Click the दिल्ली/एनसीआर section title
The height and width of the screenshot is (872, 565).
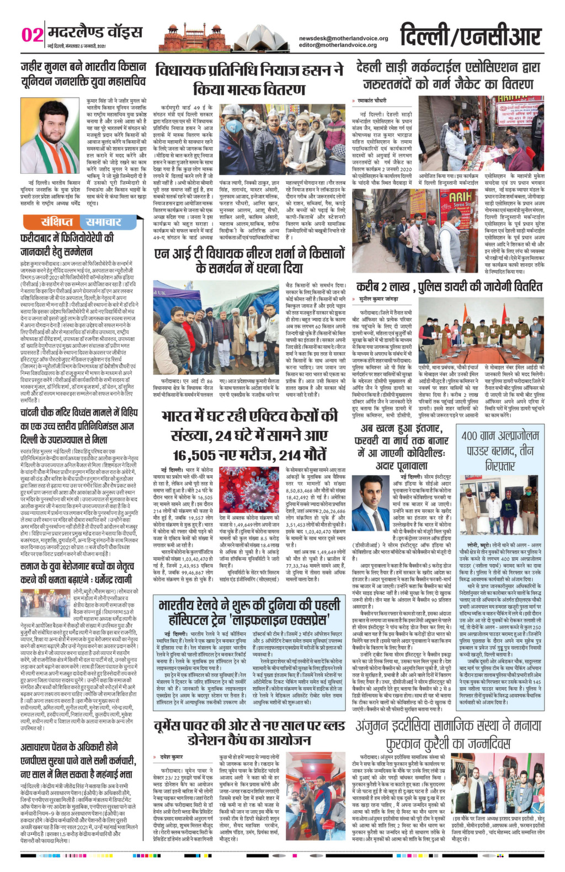(x=470, y=35)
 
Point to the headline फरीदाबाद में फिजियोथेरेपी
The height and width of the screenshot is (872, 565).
(x=69, y=244)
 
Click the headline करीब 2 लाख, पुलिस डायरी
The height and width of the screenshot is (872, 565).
(x=449, y=286)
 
